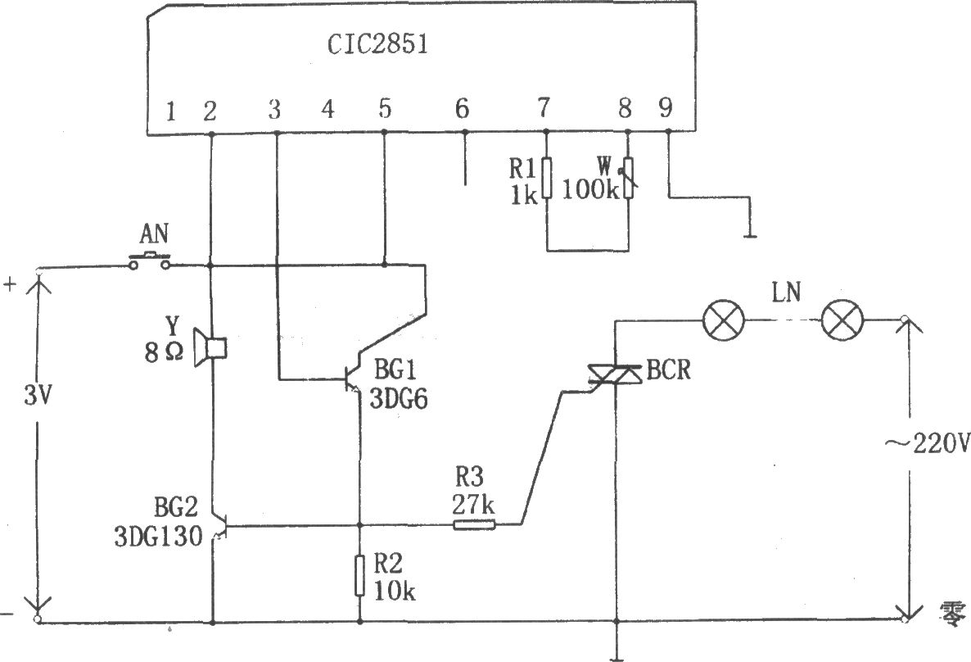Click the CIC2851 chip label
click(x=377, y=44)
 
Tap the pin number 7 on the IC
click(x=543, y=108)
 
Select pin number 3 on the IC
click(x=274, y=109)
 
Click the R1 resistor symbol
click(x=546, y=178)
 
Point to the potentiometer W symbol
click(x=628, y=179)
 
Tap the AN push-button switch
click(x=149, y=261)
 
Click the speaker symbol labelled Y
click(x=210, y=347)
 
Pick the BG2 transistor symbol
click(x=219, y=526)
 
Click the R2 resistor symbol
click(x=359, y=576)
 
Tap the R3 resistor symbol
click(x=474, y=526)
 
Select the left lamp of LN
click(x=723, y=320)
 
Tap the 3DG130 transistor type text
click(x=159, y=536)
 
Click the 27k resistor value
click(x=473, y=506)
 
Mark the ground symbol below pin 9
click(x=750, y=236)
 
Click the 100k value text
click(x=590, y=190)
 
